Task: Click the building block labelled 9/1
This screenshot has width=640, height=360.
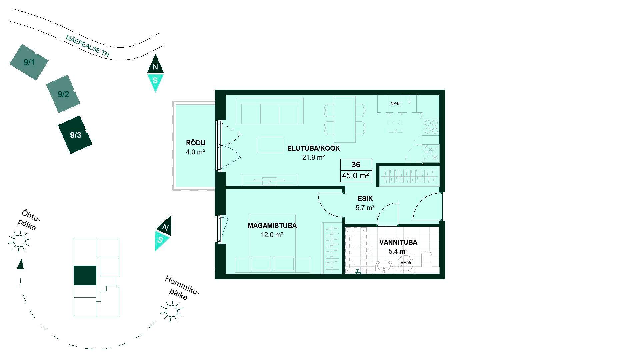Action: pyautogui.click(x=29, y=62)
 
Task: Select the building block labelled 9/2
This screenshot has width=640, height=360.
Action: pyautogui.click(x=63, y=94)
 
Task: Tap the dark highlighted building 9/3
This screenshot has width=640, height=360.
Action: pyautogui.click(x=75, y=135)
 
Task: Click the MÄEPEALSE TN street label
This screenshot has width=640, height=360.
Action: pyautogui.click(x=87, y=46)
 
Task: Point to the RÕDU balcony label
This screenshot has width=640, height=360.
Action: pyautogui.click(x=195, y=143)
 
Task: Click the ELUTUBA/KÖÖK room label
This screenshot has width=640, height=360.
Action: pyautogui.click(x=313, y=148)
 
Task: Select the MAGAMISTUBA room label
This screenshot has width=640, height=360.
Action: pyautogui.click(x=272, y=226)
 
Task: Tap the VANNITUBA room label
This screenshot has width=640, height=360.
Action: pyautogui.click(x=398, y=242)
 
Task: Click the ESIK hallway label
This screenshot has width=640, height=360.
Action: pyautogui.click(x=365, y=199)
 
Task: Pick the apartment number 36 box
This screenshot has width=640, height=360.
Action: pyautogui.click(x=356, y=165)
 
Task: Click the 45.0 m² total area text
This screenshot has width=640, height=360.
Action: pyautogui.click(x=356, y=176)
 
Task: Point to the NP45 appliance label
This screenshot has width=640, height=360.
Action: pyautogui.click(x=395, y=104)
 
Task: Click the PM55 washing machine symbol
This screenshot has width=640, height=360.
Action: pyautogui.click(x=406, y=263)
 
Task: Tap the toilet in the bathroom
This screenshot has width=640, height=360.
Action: pyautogui.click(x=427, y=259)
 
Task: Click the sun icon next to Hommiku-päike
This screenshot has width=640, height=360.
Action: pyautogui.click(x=171, y=311)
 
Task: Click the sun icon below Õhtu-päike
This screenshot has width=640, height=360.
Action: pyautogui.click(x=19, y=241)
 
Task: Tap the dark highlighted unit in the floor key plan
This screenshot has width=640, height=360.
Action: pyautogui.click(x=85, y=275)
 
